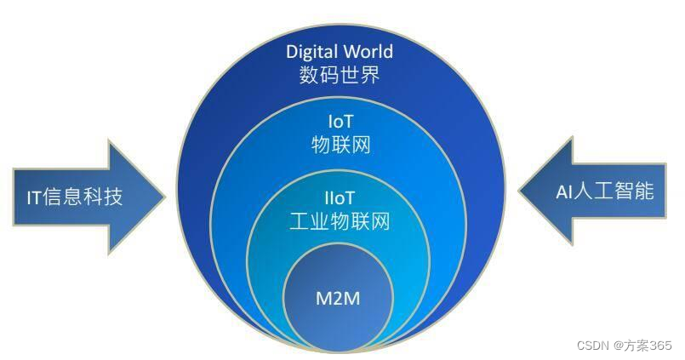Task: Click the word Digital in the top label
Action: click(x=311, y=52)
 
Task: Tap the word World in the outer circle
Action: click(x=367, y=52)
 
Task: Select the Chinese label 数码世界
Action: click(x=339, y=76)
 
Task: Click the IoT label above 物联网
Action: click(x=340, y=121)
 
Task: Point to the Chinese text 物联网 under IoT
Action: click(x=340, y=144)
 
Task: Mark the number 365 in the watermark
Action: click(x=660, y=346)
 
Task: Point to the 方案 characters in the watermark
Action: click(x=634, y=346)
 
